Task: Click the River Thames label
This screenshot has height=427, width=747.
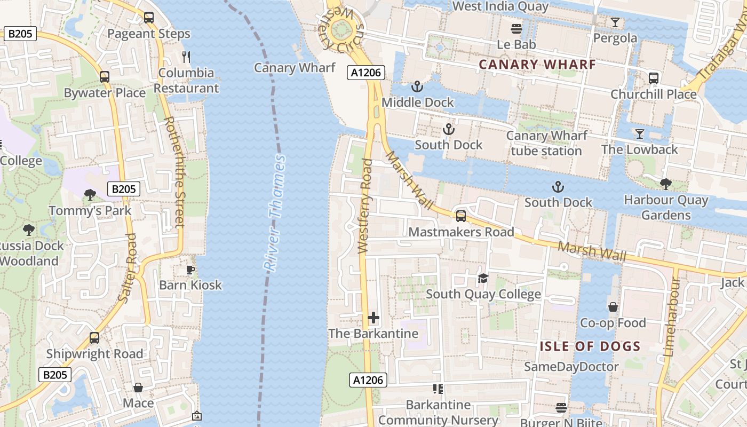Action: coord(274,213)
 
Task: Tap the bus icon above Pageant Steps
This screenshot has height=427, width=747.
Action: coord(149,17)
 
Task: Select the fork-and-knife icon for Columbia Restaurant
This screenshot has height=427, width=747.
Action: coord(186,57)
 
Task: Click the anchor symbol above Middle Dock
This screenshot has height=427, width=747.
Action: coord(417,86)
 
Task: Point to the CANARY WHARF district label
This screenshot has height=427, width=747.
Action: coord(537,65)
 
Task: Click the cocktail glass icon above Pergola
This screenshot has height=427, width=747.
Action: coord(615,22)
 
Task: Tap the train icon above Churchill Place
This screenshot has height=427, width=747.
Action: coord(654,78)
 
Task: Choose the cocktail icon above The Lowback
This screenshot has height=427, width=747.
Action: coord(639,133)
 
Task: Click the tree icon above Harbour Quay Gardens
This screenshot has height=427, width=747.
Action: coord(665,184)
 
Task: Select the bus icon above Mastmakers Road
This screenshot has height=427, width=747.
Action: coord(460,216)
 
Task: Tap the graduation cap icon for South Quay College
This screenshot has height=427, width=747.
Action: coord(483,278)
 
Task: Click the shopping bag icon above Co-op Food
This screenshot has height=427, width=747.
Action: coord(613,307)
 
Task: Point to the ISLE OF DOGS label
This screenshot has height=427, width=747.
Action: coord(590,346)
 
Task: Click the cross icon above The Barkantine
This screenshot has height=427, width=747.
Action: coord(373,318)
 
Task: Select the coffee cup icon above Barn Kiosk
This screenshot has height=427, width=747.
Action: coord(190,270)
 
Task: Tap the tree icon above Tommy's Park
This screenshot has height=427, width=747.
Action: coord(90,195)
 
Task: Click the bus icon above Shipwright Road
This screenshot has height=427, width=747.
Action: coord(94,338)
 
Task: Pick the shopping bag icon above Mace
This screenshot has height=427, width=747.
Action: coord(138,387)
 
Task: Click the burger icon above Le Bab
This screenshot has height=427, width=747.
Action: coord(516,28)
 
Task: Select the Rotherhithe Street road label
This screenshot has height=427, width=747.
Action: coord(173,172)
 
